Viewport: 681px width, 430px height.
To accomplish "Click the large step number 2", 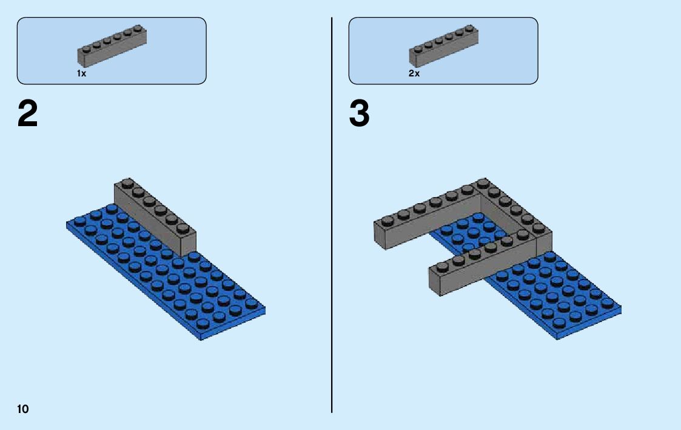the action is (28, 114).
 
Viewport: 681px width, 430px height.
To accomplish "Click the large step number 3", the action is (359, 114).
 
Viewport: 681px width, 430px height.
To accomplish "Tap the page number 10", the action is (22, 409).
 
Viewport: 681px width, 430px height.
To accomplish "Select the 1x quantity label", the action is (81, 73).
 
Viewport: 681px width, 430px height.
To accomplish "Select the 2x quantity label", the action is (414, 73).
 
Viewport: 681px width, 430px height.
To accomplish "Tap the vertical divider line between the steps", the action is (332, 243).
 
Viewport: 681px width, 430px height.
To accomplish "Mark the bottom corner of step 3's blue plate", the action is (557, 337).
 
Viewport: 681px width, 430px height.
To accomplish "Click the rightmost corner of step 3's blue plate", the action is (621, 309).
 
